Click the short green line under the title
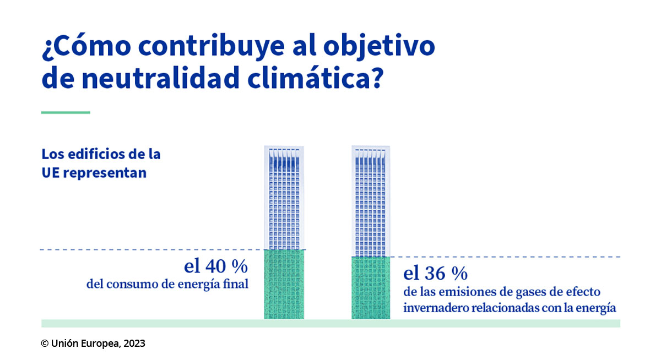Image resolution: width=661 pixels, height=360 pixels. (x=66, y=112)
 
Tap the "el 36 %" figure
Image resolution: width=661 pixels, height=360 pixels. (x=435, y=273)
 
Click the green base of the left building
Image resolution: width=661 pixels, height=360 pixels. (x=284, y=284)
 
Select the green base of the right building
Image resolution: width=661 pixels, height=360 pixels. (x=370, y=287)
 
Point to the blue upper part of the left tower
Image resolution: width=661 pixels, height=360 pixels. (x=284, y=198)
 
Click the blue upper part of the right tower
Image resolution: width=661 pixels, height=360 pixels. (x=370, y=201)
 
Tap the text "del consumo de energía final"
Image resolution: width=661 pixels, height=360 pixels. (x=167, y=285)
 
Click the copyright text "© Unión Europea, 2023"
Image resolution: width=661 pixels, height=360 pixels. (x=93, y=343)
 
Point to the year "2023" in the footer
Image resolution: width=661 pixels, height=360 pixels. (x=134, y=343)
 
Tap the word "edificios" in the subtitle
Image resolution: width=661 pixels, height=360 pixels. (x=93, y=154)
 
